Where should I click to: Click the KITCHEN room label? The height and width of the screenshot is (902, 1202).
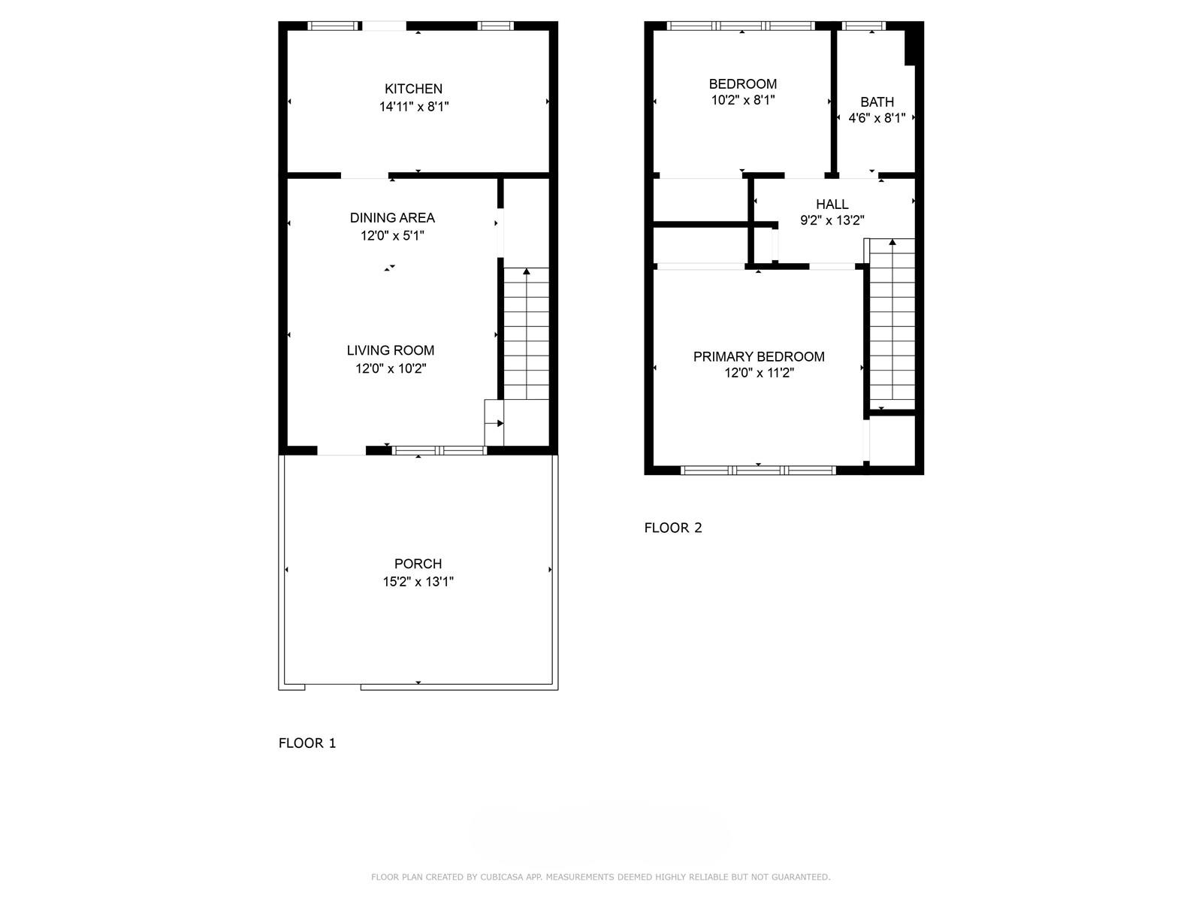[413, 89]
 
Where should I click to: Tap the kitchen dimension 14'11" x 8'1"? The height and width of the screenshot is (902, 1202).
[414, 107]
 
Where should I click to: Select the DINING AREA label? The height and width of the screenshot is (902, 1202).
[392, 218]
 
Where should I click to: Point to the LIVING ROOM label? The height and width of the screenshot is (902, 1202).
[391, 350]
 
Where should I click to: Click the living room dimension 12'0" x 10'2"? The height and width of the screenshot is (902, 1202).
[391, 368]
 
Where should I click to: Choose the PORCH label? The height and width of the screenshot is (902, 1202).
[418, 564]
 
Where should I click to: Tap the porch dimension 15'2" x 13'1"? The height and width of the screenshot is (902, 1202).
[418, 582]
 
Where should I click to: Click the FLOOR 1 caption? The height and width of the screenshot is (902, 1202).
[307, 743]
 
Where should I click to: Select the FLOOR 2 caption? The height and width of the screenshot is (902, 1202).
[673, 528]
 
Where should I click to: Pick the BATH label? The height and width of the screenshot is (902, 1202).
[877, 102]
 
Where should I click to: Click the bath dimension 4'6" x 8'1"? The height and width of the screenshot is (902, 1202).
[877, 118]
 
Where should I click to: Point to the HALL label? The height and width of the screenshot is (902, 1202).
[832, 204]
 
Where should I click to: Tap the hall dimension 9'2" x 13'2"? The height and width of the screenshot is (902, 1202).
[832, 220]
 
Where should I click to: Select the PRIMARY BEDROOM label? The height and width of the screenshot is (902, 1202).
[759, 356]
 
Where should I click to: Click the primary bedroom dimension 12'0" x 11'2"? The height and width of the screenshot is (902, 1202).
[759, 373]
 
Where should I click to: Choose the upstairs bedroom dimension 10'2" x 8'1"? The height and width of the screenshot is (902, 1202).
[742, 100]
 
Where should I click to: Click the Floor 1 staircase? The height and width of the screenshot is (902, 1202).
[527, 334]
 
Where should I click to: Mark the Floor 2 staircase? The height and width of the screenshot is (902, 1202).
[892, 324]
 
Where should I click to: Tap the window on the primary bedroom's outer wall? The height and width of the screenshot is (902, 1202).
[759, 470]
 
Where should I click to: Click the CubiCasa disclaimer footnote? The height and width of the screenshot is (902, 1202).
[601, 876]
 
